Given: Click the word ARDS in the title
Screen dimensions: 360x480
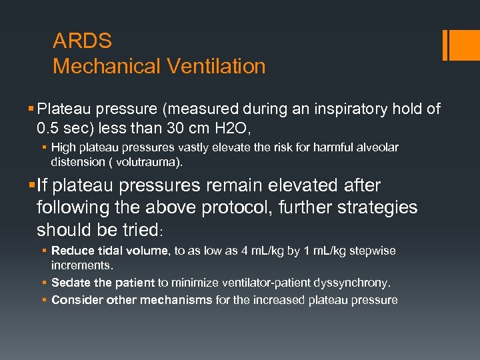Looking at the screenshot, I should pos(82,41).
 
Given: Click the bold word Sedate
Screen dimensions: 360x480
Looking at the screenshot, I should pos(69,283).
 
